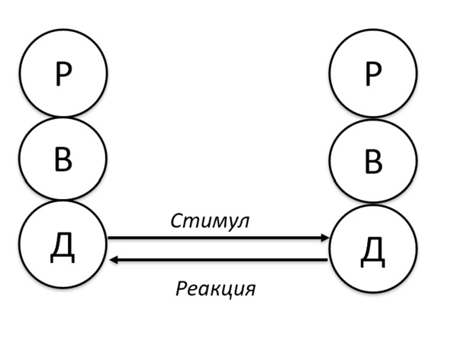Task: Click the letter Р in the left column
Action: coord(63,74)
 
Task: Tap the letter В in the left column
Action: coord(63,159)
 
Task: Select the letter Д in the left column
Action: coord(63,247)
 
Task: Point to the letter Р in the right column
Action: coord(373,74)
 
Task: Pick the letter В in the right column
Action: coord(373,162)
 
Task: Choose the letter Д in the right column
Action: coord(372,252)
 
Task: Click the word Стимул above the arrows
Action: coord(210,221)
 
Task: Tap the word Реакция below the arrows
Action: coord(215,289)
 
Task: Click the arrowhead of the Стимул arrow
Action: coord(325,238)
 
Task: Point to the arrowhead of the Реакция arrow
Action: coord(114,260)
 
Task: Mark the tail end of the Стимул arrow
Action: coord(108,238)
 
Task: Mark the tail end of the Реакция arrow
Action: coord(327,260)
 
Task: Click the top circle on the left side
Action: coord(20,72)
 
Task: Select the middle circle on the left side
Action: coord(20,159)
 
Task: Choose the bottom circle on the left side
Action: coord(20,244)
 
